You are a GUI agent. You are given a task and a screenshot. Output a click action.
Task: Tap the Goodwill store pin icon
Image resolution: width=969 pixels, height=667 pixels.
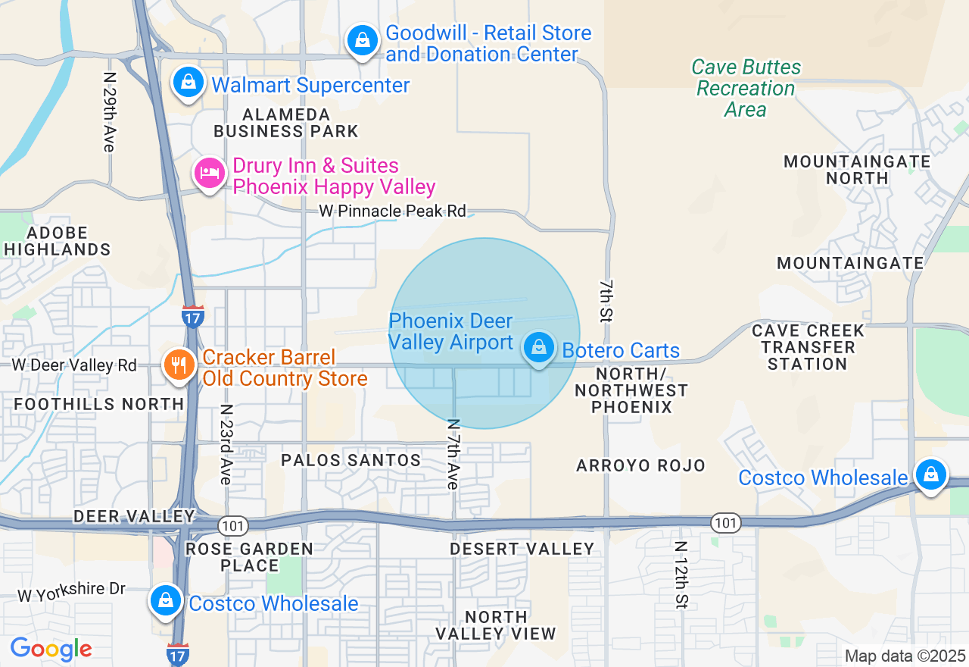363,40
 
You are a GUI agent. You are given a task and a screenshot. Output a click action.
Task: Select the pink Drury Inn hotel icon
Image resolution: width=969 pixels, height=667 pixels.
209,174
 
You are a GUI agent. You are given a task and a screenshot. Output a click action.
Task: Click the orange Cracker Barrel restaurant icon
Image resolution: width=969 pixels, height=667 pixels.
179,366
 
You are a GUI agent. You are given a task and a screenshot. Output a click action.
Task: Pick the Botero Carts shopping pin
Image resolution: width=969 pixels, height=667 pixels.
539,348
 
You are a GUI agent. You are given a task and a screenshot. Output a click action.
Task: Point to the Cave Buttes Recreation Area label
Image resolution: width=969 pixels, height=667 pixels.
746,88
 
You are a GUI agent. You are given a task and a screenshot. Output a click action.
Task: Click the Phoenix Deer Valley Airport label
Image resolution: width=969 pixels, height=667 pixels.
451,332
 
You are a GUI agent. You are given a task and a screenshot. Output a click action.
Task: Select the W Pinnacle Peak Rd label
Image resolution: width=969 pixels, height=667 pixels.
392,211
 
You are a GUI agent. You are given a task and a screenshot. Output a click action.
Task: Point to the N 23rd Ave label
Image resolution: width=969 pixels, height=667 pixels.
226,444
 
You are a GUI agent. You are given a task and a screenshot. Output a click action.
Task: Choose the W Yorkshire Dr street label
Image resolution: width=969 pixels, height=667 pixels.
71,591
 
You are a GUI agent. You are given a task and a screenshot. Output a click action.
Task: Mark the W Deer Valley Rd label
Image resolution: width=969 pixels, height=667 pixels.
73,365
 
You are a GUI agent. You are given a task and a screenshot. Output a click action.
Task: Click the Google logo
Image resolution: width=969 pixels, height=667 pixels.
51,650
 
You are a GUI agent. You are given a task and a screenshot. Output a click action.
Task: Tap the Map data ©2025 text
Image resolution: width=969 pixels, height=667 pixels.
905,656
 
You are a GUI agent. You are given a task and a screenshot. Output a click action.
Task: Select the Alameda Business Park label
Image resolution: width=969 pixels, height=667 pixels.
285,123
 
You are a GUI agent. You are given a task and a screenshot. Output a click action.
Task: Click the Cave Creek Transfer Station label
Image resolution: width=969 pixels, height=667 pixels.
808,347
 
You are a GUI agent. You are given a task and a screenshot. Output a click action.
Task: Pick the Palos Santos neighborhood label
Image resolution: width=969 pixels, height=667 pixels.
351,460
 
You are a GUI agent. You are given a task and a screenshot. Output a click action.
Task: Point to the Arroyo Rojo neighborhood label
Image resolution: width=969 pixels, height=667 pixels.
640,465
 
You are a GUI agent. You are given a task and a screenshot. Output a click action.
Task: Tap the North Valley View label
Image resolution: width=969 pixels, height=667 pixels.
496,625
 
